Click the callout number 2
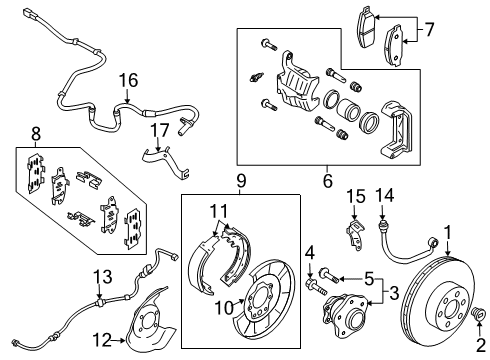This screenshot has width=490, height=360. tap(479, 344)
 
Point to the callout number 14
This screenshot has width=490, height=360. tap(380, 194)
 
